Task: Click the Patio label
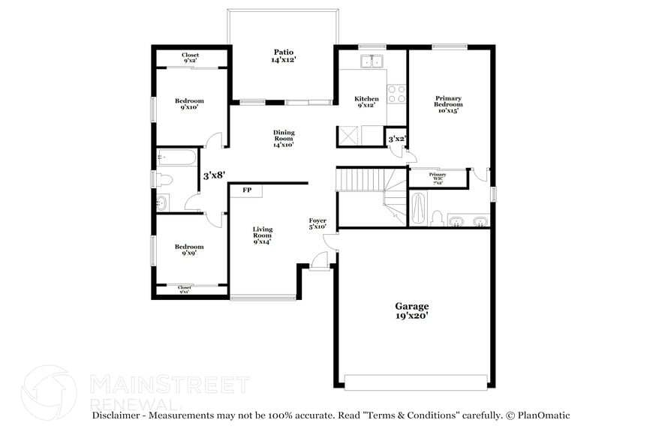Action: click(282, 55)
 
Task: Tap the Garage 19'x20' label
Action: click(412, 310)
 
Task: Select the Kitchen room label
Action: click(366, 102)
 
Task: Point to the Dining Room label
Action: click(283, 139)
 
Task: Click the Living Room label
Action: click(262, 235)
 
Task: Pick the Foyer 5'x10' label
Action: click(318, 223)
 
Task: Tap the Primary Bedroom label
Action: click(448, 104)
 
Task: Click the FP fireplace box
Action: click(247, 190)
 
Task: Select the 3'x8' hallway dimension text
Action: click(215, 175)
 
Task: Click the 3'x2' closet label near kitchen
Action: click(396, 139)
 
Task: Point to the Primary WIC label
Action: click(437, 178)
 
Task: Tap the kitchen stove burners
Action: click(396, 93)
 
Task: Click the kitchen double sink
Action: click(372, 61)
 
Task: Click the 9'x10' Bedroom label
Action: click(189, 104)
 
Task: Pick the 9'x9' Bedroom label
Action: click(189, 250)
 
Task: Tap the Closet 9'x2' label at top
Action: click(191, 58)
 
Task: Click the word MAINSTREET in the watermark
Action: click(169, 385)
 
